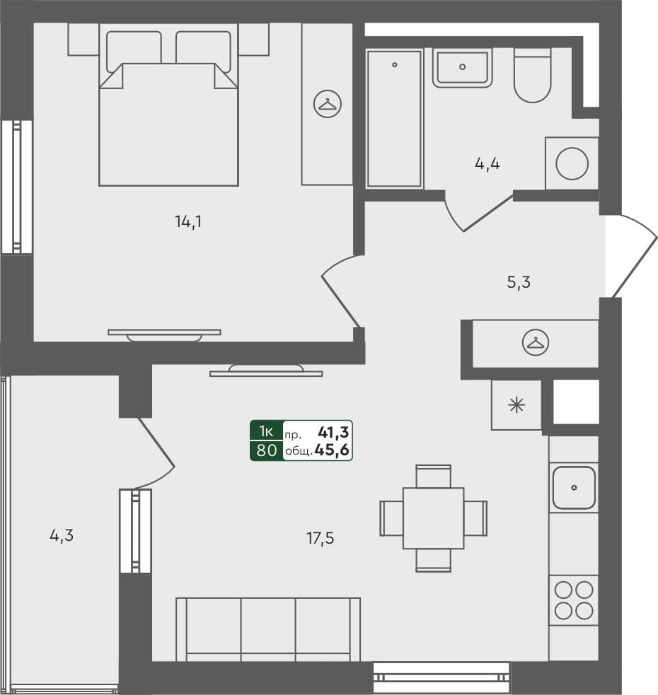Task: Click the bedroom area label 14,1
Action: coord(188,221)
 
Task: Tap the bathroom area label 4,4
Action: coord(487,164)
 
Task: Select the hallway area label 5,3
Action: coord(518,282)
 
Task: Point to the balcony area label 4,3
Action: coord(62,536)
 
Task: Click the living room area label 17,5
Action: coord(320,539)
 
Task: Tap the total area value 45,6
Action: coord(331,450)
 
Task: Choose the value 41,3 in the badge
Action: coord(333,432)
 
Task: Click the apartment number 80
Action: coord(267,450)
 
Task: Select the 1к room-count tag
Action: coord(266,431)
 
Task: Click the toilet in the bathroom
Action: coord(532,76)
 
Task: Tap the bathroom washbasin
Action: coord(462,67)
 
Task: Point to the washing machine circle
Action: coord(572,163)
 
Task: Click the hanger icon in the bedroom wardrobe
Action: coord(328,104)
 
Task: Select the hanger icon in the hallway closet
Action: coord(536,343)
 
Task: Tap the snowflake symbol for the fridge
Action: coord(516,405)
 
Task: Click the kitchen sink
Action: coord(574,488)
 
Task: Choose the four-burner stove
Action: coord(574,600)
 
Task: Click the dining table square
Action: coord(434,518)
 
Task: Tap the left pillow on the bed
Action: coord(134,51)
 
